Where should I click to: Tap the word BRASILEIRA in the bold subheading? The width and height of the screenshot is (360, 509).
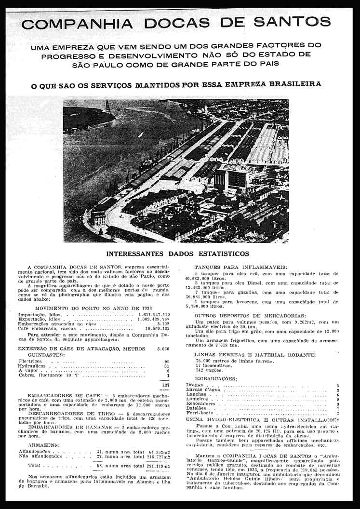[x=292, y=84]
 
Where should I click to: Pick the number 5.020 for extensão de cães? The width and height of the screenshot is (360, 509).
[x=163, y=348]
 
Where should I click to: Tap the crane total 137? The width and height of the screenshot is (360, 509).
[x=165, y=385]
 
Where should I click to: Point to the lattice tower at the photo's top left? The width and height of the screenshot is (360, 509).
[x=108, y=107]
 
